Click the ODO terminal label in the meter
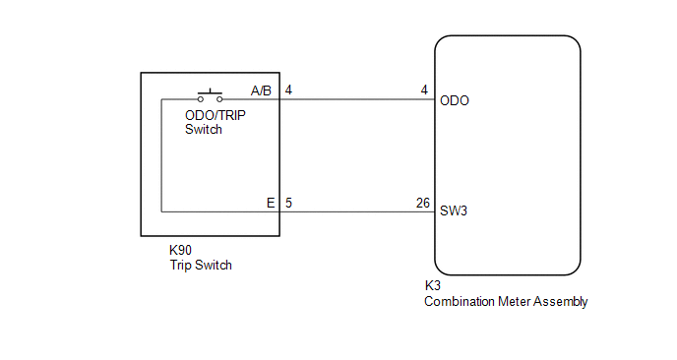pyautogui.click(x=455, y=100)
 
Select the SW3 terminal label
pyautogui.click(x=454, y=210)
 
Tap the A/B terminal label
pyautogui.click(x=261, y=90)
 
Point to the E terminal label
pyautogui.click(x=271, y=203)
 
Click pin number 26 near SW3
pyautogui.click(x=423, y=203)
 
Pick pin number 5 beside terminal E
pyautogui.click(x=288, y=203)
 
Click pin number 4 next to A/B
pyautogui.click(x=288, y=90)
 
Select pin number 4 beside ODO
pyautogui.click(x=424, y=90)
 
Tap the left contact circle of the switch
pyautogui.click(x=201, y=99)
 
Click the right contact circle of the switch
pyautogui.click(x=219, y=99)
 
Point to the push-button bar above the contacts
pyautogui.click(x=210, y=92)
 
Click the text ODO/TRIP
pyautogui.click(x=215, y=115)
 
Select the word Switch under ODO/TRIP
pyautogui.click(x=204, y=129)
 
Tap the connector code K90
pyautogui.click(x=180, y=250)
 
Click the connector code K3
pyautogui.click(x=433, y=285)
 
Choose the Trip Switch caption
pyautogui.click(x=201, y=265)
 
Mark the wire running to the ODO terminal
pyautogui.click(x=357, y=99)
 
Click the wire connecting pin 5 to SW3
pyautogui.click(x=357, y=211)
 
